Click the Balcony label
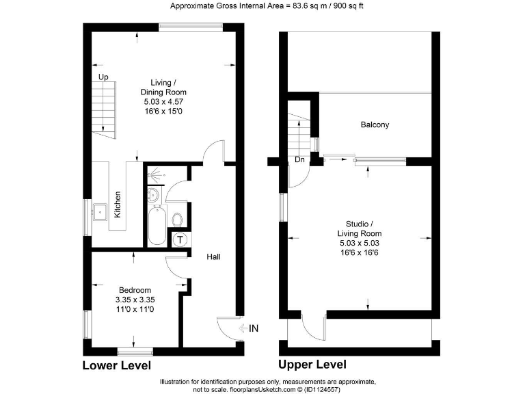[x=375, y=124]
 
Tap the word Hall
[x=213, y=257]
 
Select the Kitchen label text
[x=118, y=204]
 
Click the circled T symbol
[x=180, y=239]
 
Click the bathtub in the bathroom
[x=155, y=228]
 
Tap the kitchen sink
[x=100, y=209]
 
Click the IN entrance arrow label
[x=250, y=329]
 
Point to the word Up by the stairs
[x=103, y=77]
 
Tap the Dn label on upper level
[x=299, y=160]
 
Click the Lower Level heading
[x=116, y=365]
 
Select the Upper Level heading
[x=312, y=365]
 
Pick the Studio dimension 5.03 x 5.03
[x=359, y=243]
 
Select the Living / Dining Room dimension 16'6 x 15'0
[x=163, y=111]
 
